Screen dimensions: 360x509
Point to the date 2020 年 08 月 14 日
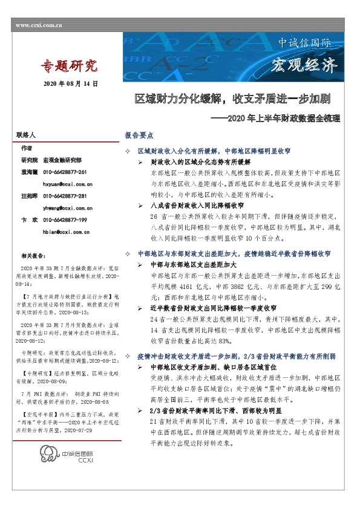(71, 83)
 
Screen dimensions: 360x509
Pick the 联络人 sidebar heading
(27, 137)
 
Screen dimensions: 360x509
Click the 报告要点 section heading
(139, 137)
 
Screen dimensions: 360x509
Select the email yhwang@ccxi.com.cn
(67, 206)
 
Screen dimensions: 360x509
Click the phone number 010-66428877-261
(69, 172)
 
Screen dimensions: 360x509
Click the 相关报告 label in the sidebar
(32, 256)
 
